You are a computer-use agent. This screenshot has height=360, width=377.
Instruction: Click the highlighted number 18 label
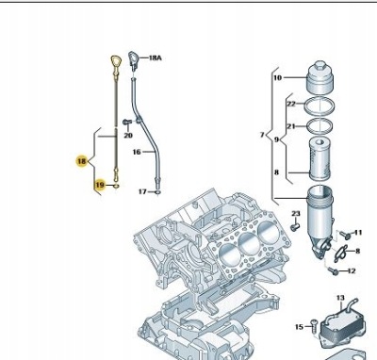[x=82, y=161]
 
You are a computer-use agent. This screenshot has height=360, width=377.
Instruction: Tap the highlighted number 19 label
[x=99, y=186]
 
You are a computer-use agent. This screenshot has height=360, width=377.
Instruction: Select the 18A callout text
[x=156, y=58]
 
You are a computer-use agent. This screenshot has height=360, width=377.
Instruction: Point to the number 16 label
[x=137, y=151]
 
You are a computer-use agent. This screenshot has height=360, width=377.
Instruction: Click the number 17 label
[x=142, y=191]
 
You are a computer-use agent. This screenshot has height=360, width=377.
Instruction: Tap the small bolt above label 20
[x=127, y=123]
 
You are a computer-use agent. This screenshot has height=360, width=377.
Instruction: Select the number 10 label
[x=277, y=78]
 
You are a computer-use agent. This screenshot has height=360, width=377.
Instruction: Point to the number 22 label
[x=290, y=104]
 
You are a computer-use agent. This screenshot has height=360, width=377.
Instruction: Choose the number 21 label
[x=290, y=126]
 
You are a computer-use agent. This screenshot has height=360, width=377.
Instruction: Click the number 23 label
[x=294, y=214]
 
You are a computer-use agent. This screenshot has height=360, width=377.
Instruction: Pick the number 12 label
[x=352, y=271]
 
